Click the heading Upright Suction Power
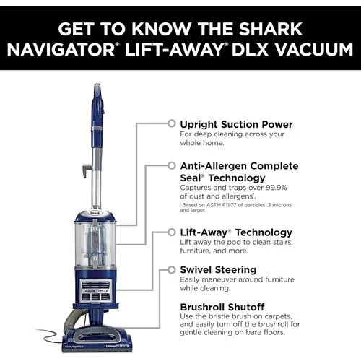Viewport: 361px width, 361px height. [x=235, y=123]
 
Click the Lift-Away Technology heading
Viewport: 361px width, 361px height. [x=235, y=232]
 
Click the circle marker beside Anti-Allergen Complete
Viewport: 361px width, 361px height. [x=171, y=165]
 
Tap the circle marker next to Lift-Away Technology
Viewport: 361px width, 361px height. [x=171, y=232]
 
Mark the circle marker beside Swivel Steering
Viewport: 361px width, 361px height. [x=171, y=269]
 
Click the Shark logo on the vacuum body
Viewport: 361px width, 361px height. [x=94, y=213]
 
